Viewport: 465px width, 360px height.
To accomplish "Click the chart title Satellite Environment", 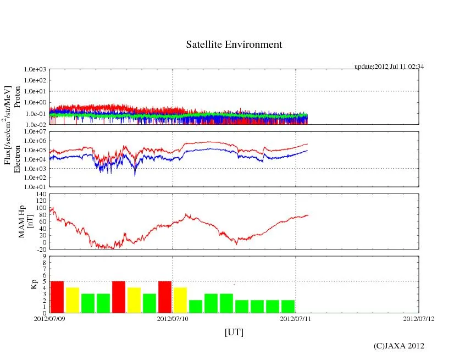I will [234, 45].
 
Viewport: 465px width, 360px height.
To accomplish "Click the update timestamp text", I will [389, 67].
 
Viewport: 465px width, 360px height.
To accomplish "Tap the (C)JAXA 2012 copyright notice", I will [398, 346].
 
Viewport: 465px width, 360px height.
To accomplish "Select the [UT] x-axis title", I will [234, 333].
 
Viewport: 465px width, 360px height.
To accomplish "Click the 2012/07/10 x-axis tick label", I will [173, 318].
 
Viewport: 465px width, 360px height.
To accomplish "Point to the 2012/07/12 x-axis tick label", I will [419, 318].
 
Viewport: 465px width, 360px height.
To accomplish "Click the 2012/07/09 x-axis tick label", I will [49, 318].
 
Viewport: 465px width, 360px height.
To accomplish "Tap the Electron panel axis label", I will [17, 159].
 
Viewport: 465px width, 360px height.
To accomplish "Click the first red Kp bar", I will [57, 297].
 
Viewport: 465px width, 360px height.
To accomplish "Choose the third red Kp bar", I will [165, 297].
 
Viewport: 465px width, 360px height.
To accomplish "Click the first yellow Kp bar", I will [73, 300].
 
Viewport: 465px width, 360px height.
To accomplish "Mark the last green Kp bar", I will [288, 306].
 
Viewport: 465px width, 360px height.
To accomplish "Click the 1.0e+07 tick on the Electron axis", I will [35, 132].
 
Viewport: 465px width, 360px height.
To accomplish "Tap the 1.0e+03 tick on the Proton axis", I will [35, 70].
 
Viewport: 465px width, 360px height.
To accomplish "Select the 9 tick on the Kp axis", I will [43, 256].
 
